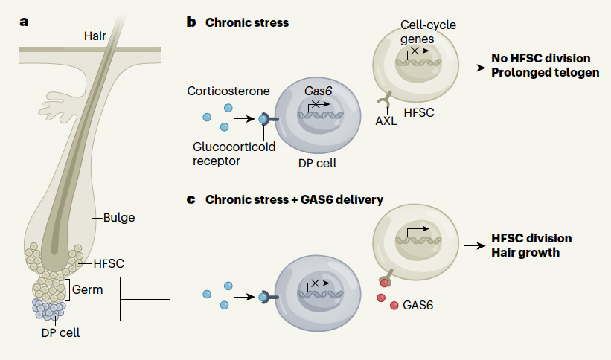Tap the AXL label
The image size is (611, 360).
(x=386, y=121)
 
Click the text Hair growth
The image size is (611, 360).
(x=525, y=253)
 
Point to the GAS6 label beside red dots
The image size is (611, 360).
(x=418, y=305)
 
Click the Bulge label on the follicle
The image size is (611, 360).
(x=118, y=218)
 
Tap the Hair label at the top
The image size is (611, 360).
(x=96, y=35)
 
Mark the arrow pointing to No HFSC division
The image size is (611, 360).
(x=474, y=65)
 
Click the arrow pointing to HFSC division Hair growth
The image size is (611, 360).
(x=474, y=245)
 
